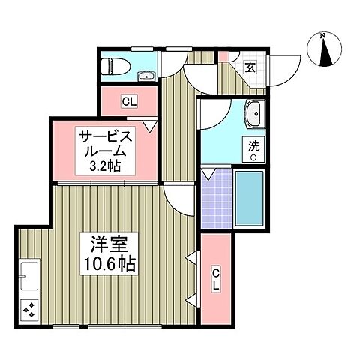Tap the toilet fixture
click(112, 66)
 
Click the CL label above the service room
click(128, 101)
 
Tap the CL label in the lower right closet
click(215, 278)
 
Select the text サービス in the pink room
click(106, 136)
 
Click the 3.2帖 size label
click(107, 166)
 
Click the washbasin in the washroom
click(255, 114)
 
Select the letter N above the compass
click(322, 35)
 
